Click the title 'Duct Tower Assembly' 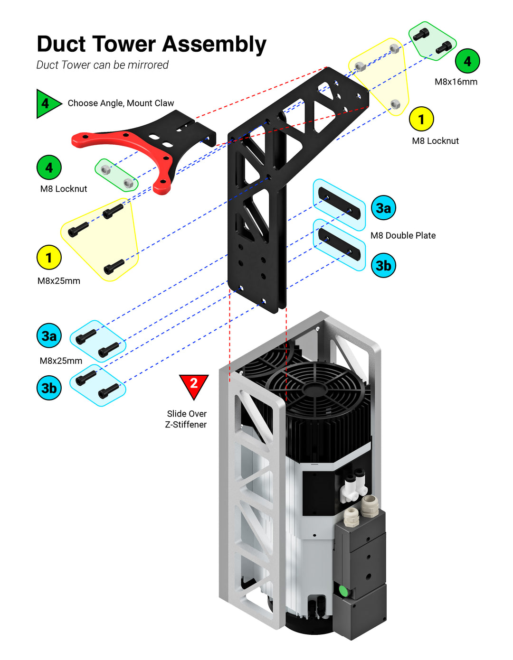[151, 44]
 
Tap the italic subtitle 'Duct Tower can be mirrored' [103, 65]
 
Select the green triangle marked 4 [47, 103]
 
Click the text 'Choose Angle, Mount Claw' [121, 103]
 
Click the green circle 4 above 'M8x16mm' [467, 61]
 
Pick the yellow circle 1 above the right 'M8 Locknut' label [421, 119]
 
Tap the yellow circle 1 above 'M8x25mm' [49, 258]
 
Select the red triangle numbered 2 [194, 384]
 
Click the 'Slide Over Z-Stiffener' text [186, 419]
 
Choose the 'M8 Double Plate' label [403, 235]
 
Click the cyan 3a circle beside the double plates [383, 208]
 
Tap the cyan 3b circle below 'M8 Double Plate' [383, 265]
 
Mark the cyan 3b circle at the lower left [49, 388]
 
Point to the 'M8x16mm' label [456, 82]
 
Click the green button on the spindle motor [342, 591]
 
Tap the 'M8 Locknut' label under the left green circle [64, 189]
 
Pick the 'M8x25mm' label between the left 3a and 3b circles [61, 361]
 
